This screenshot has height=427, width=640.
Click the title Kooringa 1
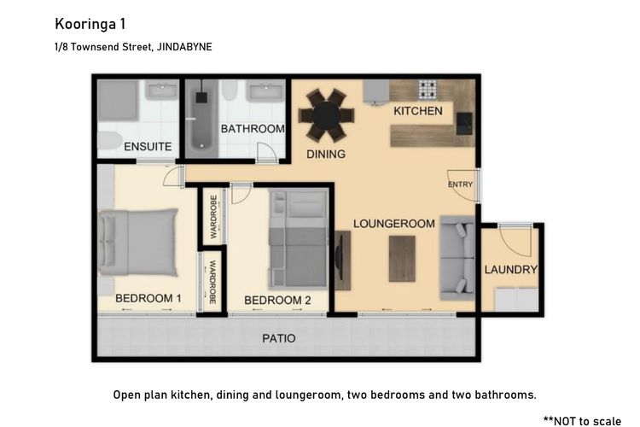coord(90,23)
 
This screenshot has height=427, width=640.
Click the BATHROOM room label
coord(252,129)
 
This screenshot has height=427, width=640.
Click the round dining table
coord(324,116)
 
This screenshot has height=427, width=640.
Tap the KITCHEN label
coord(417,111)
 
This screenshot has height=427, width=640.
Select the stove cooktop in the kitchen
coord(428,89)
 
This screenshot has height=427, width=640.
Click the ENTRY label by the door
coord(459,184)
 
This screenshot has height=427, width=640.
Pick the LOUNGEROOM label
coord(394,224)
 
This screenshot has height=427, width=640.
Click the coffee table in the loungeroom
coord(402,257)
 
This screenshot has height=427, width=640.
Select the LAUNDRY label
coord(511,270)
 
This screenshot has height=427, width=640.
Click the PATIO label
coord(278,338)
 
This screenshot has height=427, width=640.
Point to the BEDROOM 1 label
coord(148,298)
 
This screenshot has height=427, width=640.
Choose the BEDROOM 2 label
coord(277,300)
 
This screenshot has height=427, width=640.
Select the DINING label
coord(326,155)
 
